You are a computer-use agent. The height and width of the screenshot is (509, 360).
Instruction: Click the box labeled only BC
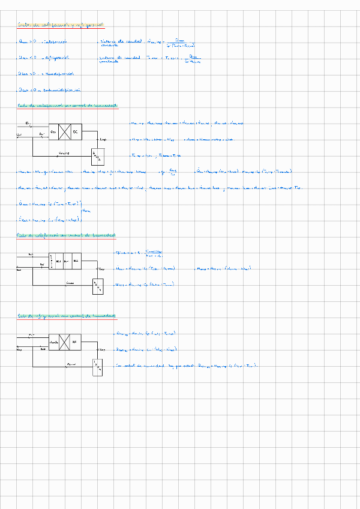click(x=76, y=131)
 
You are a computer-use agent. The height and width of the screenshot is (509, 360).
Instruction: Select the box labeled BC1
click(x=58, y=262)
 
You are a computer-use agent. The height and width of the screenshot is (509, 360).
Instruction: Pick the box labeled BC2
click(x=76, y=262)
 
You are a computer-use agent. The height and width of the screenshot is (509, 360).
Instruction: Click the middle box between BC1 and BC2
click(x=67, y=262)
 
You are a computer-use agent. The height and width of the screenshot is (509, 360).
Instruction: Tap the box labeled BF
click(x=75, y=343)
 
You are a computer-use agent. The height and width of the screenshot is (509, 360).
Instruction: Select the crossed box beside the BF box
click(x=61, y=343)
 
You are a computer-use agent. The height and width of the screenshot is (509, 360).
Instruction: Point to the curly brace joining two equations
click(x=83, y=212)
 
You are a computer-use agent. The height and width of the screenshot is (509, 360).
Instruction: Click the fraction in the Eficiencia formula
click(x=154, y=253)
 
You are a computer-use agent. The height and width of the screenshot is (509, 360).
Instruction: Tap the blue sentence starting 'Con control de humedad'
click(x=187, y=364)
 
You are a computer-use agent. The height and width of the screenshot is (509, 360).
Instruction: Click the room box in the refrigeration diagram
click(x=97, y=367)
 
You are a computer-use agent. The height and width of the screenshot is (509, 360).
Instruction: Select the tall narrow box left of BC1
click(x=51, y=262)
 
